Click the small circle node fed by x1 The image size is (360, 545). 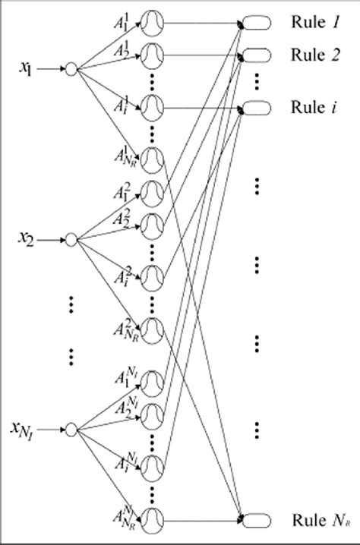[71, 69]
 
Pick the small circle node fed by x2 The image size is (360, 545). [71, 239]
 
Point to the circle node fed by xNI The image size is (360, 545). [71, 429]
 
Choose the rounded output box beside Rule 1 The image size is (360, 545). [257, 24]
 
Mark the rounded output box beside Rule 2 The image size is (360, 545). [257, 54]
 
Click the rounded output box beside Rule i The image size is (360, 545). [257, 106]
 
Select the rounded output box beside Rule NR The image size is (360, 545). [257, 520]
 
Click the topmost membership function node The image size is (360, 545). [153, 24]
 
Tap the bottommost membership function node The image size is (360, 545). [153, 519]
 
